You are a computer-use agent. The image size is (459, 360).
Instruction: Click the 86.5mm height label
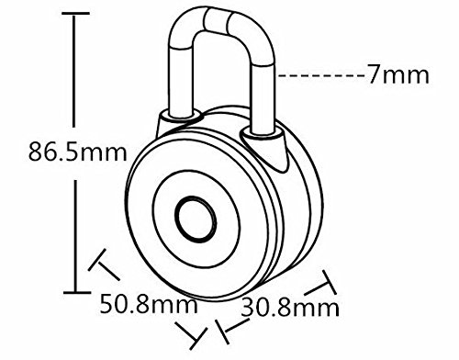77,152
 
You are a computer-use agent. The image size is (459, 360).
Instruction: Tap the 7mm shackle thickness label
398,74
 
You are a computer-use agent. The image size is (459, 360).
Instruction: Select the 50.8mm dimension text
149,304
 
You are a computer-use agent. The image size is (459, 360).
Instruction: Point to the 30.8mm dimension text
290,308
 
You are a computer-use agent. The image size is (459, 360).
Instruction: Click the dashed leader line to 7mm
322,75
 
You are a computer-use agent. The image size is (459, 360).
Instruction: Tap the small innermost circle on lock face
196,219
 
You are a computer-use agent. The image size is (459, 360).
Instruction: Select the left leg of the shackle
181,81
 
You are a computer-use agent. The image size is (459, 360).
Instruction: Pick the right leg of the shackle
263,98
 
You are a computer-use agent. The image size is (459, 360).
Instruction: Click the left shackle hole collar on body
181,117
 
